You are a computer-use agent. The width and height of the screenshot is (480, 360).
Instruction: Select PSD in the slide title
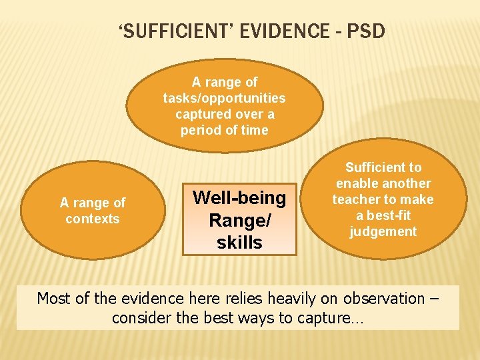tap(365, 31)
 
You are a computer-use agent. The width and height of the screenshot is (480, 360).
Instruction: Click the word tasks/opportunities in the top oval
tap(225, 98)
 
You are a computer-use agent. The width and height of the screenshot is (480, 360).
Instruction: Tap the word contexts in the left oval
tap(93, 219)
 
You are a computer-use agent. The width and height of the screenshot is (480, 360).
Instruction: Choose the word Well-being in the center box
tap(239, 197)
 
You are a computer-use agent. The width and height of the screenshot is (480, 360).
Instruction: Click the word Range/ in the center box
tap(239, 219)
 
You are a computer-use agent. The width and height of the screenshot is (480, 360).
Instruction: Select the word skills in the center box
tap(239, 242)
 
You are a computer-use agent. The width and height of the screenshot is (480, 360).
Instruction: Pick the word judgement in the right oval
tap(383, 231)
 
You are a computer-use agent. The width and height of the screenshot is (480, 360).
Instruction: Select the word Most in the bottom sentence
tap(53, 298)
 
